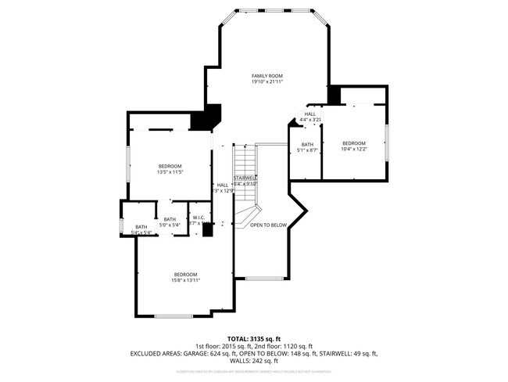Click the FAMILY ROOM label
[x=267, y=76]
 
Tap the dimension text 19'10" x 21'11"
[x=267, y=82]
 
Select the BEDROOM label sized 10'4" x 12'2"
[x=354, y=142]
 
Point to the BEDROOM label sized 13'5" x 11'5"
[x=170, y=166]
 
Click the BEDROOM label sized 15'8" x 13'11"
[x=185, y=274]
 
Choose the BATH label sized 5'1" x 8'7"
[x=307, y=144]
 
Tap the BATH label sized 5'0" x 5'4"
[x=170, y=219]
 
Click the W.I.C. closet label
[x=199, y=218]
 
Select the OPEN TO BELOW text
[x=268, y=225]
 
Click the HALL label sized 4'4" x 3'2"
[x=310, y=114]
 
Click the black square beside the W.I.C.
[x=207, y=229]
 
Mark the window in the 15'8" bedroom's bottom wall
[x=174, y=315]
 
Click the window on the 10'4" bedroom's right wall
[x=387, y=142]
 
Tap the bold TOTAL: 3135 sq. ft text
[x=253, y=339]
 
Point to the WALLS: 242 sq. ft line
[x=253, y=360]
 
